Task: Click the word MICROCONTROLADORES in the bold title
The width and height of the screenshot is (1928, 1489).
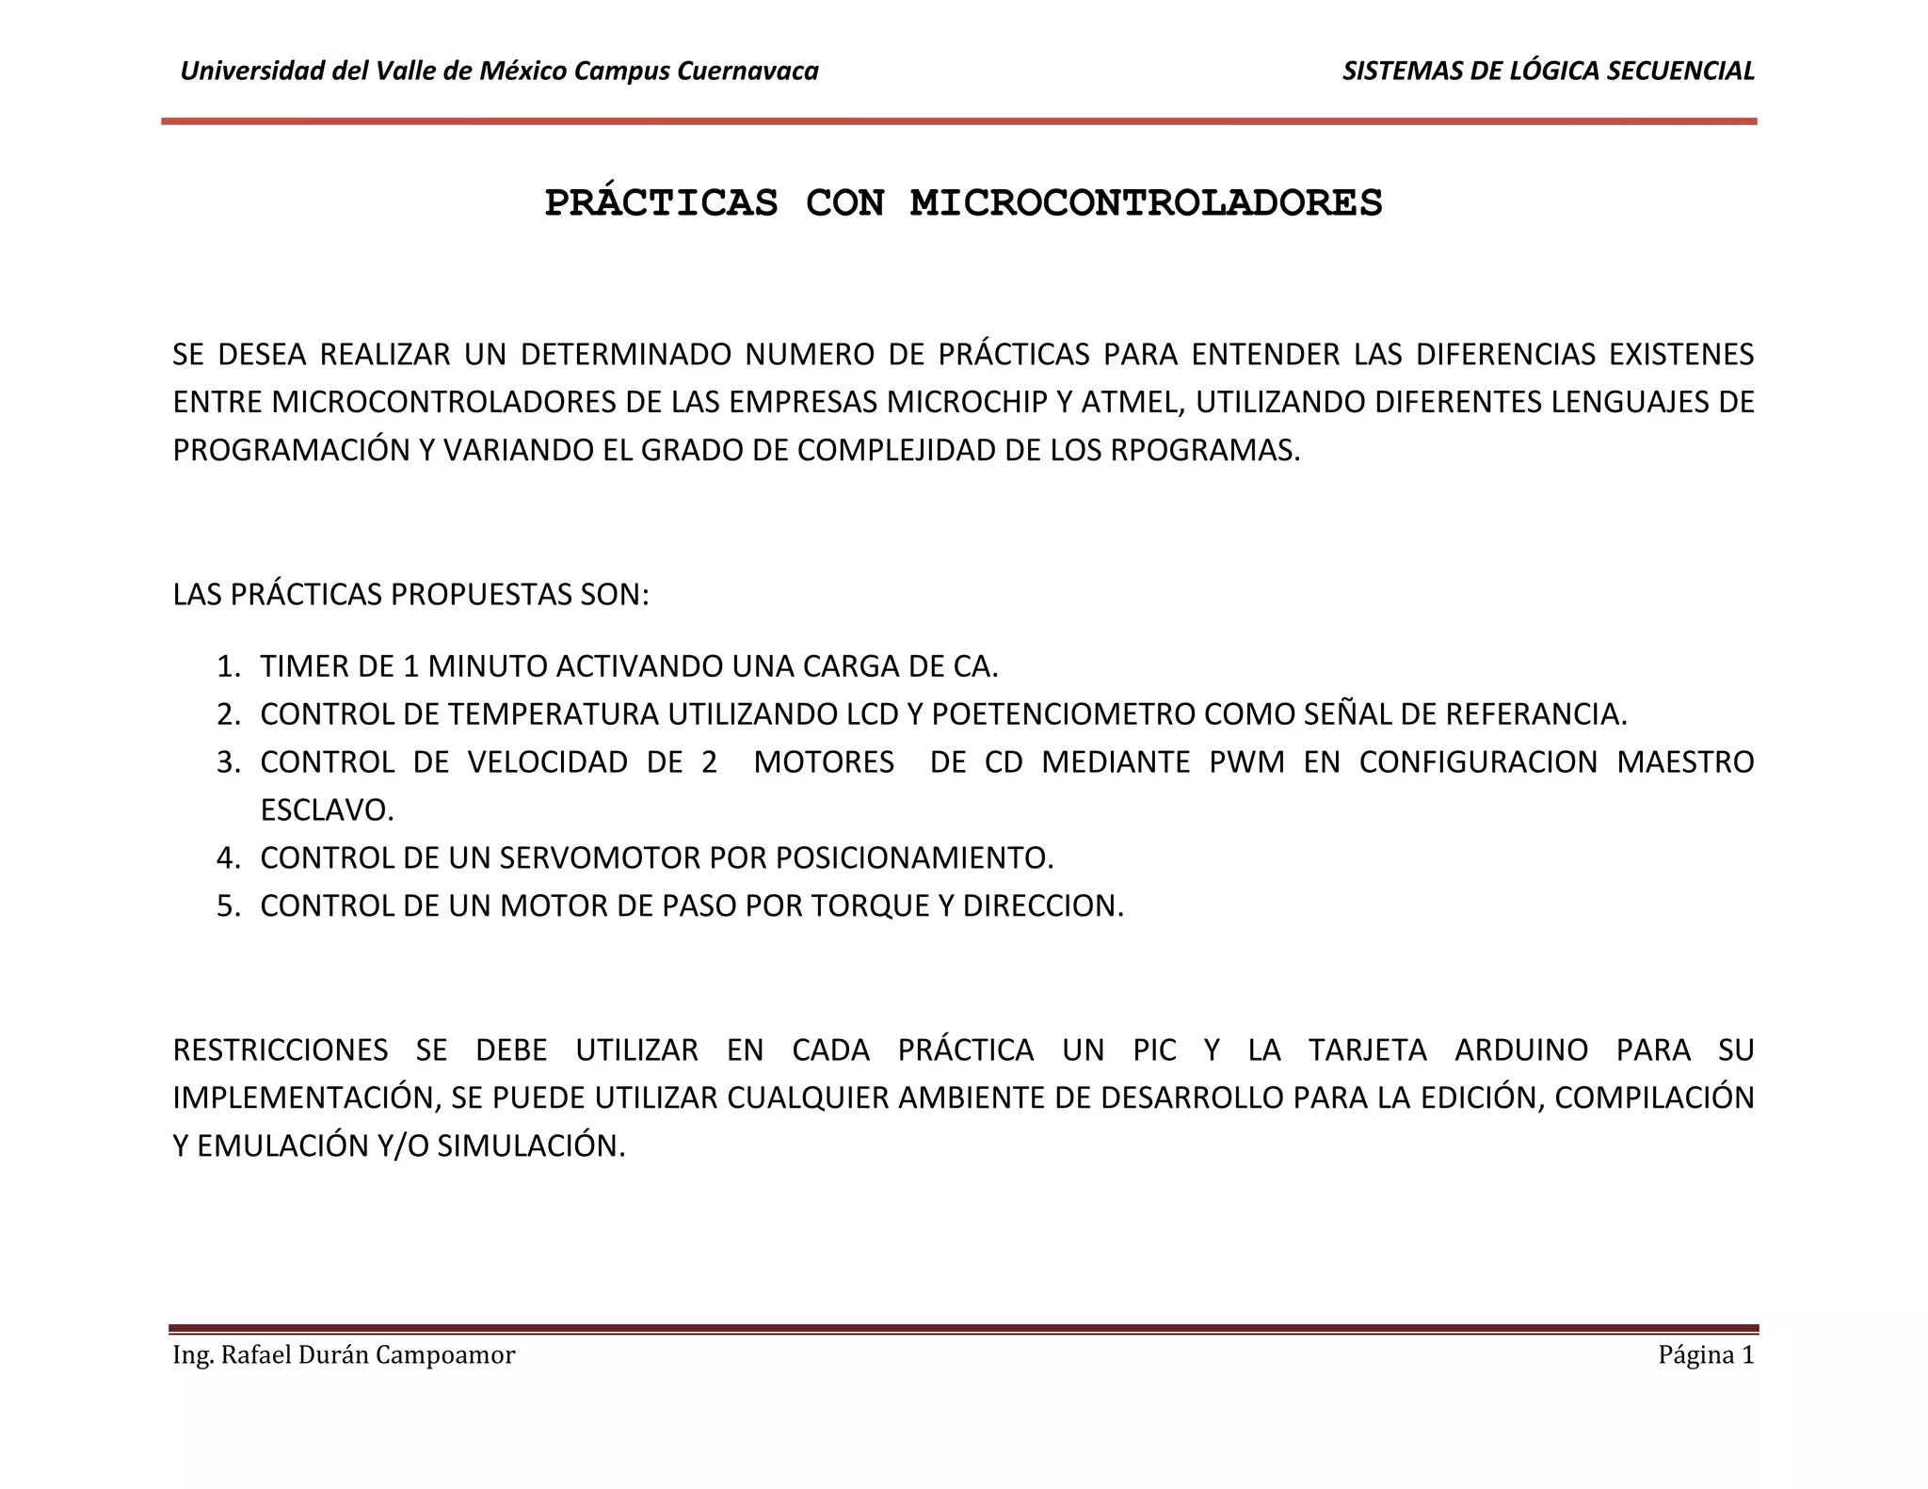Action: pyautogui.click(x=1146, y=203)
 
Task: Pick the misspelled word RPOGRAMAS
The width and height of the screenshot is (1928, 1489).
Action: pyautogui.click(x=1204, y=451)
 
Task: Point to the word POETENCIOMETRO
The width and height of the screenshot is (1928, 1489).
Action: pyautogui.click(x=1063, y=714)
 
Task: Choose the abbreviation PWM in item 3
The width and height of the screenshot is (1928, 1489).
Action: pyautogui.click(x=1246, y=761)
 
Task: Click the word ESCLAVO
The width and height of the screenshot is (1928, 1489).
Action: pyautogui.click(x=327, y=809)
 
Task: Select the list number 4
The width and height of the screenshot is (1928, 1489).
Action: pyautogui.click(x=227, y=857)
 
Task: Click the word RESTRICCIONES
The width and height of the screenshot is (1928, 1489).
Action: pyautogui.click(x=281, y=1049)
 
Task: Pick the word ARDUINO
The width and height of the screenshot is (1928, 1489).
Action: pyautogui.click(x=1521, y=1049)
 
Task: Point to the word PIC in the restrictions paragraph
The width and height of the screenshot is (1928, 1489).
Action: pyautogui.click(x=1154, y=1049)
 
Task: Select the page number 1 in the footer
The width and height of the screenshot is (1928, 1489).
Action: pyautogui.click(x=1747, y=1355)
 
